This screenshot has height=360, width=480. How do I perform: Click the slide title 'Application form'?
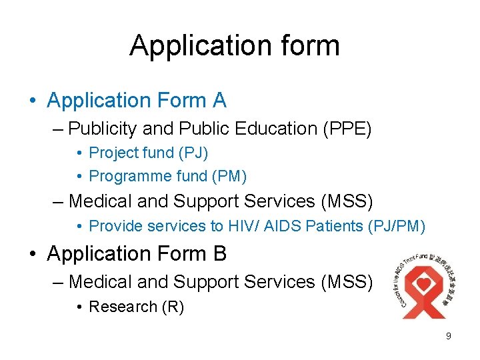pos(235,45)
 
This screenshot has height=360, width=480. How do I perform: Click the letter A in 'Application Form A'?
pos(219,101)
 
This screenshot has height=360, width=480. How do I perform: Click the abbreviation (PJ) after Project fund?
pos(193,153)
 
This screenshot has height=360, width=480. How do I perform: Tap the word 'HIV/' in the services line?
pos(243,226)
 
